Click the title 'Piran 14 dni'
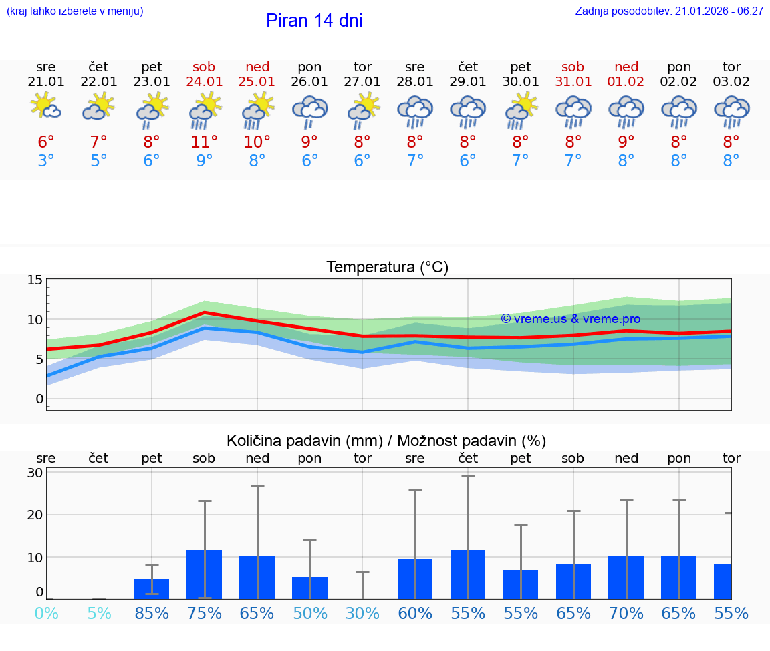(314, 21)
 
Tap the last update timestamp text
(669, 11)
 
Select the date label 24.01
(205, 82)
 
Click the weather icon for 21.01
(46, 107)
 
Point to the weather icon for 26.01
(309, 111)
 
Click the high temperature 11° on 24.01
(205, 142)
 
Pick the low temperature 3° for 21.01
(46, 161)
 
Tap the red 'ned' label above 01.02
(626, 67)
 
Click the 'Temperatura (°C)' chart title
(387, 268)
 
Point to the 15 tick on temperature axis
(35, 280)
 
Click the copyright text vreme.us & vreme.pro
(570, 319)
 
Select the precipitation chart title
(386, 441)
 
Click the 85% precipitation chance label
(152, 613)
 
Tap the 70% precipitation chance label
(626, 613)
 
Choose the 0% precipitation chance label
(46, 613)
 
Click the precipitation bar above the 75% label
(205, 574)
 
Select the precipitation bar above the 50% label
(309, 588)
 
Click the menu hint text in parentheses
(74, 11)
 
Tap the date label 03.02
(731, 82)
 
